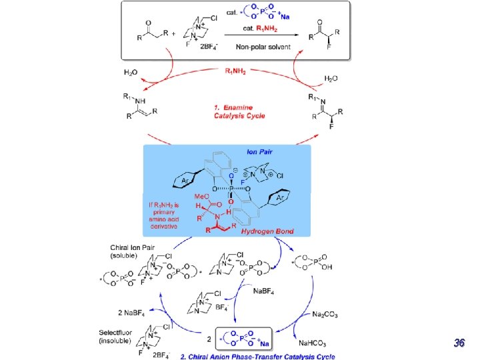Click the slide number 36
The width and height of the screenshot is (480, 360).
459,343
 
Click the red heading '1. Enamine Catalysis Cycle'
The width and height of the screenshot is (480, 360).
239,111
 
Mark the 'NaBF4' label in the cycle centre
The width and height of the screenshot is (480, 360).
261,291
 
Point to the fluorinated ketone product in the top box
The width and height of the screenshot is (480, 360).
327,34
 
